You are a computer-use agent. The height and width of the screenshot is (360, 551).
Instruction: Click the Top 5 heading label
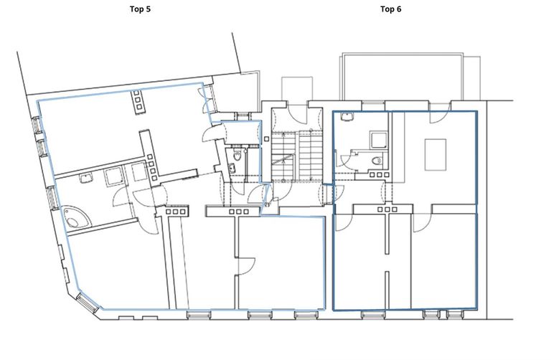(140, 9)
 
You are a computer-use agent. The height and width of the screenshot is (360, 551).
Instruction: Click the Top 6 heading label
(390, 9)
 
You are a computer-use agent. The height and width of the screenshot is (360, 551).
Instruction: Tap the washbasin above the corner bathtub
(86, 179)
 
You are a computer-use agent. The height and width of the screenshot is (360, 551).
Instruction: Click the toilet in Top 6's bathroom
(377, 161)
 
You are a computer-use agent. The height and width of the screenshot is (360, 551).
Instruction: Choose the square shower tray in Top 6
(379, 139)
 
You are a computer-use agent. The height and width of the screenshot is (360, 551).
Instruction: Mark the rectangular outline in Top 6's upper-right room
(435, 154)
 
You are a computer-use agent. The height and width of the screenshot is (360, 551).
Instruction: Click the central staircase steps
(297, 156)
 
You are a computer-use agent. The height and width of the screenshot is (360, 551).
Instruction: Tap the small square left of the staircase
(266, 139)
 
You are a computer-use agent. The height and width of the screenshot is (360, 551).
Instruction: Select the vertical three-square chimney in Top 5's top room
(138, 102)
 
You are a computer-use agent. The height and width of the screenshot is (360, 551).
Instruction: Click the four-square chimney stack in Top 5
(151, 168)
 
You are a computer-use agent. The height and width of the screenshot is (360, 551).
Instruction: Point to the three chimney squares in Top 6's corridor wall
(387, 209)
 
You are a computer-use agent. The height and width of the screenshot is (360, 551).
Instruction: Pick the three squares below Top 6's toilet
(380, 174)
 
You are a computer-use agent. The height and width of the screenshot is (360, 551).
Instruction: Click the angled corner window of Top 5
(87, 303)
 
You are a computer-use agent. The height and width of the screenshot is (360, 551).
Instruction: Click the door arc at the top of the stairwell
(298, 112)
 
